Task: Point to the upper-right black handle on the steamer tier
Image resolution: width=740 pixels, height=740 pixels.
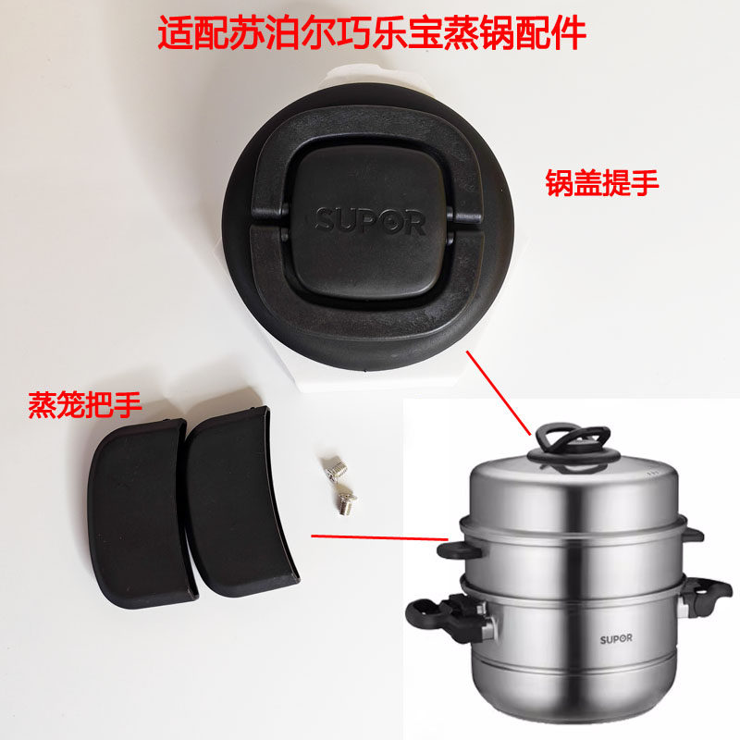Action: tap(693, 535)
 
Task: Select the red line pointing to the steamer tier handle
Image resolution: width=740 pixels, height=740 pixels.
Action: tap(379, 536)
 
